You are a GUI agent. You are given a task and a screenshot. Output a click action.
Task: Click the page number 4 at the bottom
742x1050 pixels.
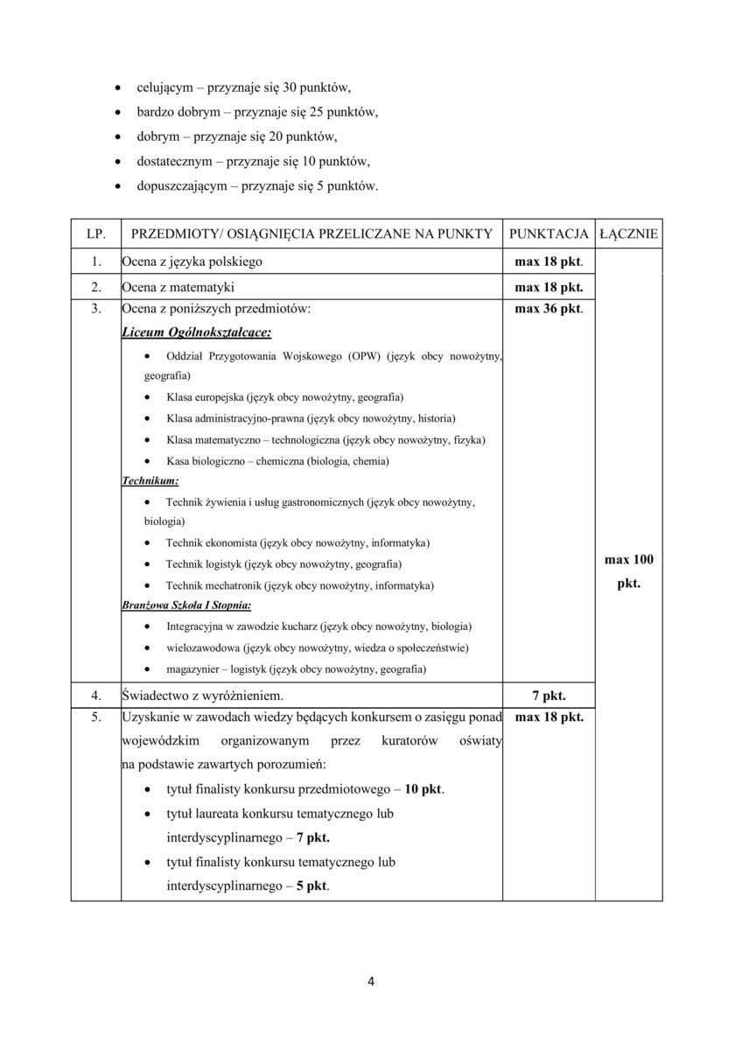371,980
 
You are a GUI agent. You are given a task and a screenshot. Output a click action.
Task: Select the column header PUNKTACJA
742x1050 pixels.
549,234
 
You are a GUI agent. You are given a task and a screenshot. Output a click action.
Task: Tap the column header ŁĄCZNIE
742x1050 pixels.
628,234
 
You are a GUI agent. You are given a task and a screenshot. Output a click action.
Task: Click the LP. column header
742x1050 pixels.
96,234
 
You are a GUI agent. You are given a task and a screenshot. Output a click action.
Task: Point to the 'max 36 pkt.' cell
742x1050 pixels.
549,308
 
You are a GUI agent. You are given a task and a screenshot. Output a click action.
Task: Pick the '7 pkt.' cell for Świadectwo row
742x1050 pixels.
549,696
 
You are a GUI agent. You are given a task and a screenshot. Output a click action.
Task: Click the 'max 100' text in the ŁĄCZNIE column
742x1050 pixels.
628,560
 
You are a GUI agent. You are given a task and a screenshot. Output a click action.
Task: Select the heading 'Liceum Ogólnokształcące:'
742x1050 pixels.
196,332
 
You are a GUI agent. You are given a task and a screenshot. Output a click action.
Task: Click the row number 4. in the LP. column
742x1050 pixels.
96,696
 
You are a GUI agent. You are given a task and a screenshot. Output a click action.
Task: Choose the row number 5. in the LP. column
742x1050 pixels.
96,718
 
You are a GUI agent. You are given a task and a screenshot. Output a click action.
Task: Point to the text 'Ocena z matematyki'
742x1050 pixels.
178,286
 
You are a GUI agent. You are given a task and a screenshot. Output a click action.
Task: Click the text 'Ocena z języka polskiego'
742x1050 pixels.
192,262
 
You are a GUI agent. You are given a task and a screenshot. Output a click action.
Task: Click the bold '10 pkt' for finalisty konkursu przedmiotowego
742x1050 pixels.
423,788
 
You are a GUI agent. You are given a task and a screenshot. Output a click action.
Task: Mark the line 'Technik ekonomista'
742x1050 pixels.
297,543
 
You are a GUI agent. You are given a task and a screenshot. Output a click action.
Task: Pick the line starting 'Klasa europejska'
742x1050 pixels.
277,396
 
